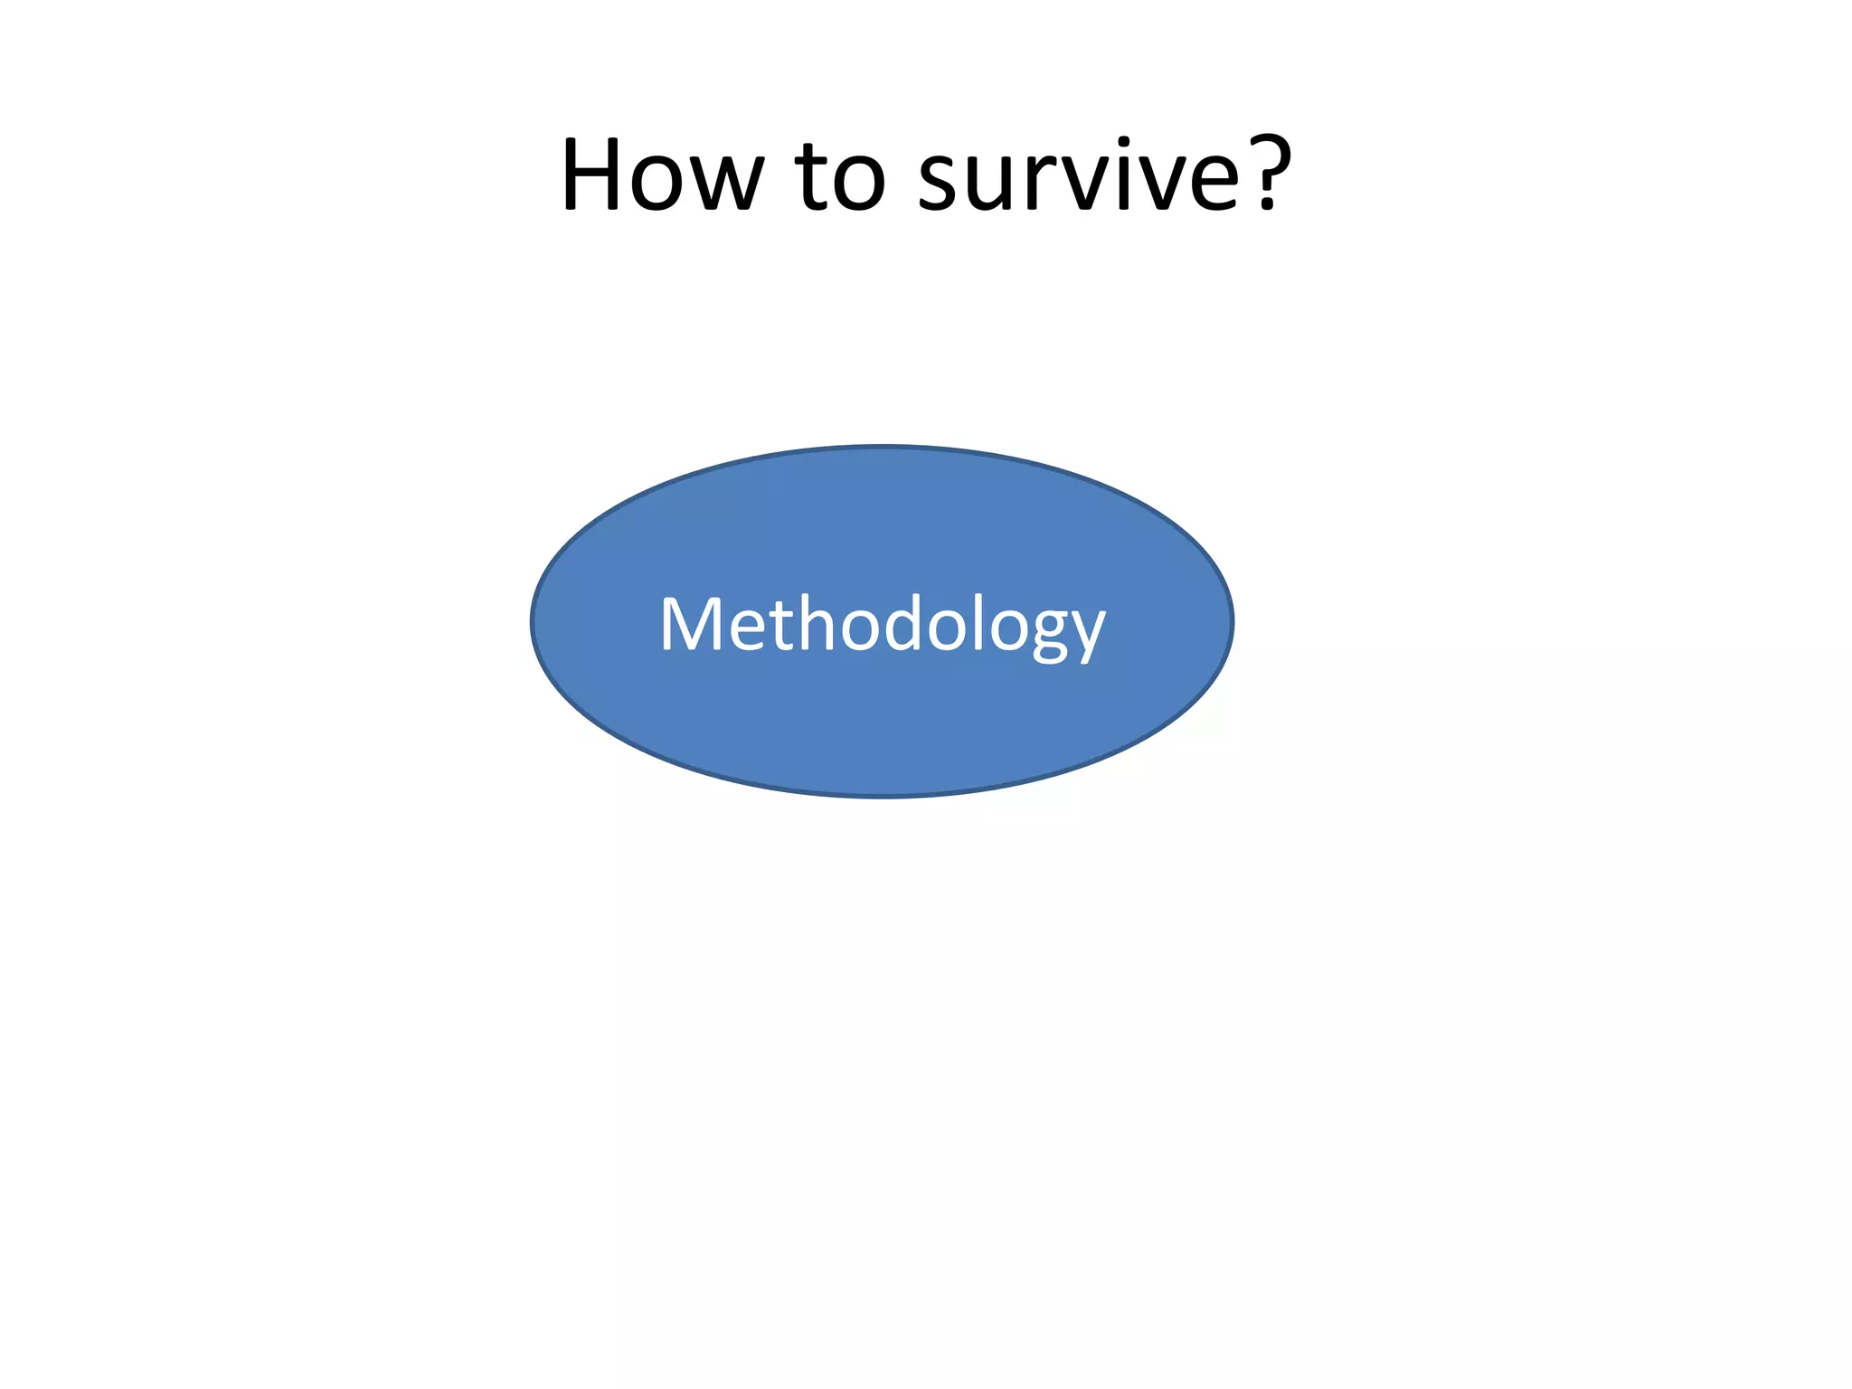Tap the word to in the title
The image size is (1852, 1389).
click(840, 176)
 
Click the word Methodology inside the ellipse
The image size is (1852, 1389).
click(882, 624)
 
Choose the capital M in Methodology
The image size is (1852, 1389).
click(691, 623)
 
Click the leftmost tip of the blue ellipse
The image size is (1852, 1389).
click(532, 621)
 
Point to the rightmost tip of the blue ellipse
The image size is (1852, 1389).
click(1233, 621)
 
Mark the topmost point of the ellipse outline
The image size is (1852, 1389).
click(882, 446)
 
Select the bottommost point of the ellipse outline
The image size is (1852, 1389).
click(882, 797)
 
